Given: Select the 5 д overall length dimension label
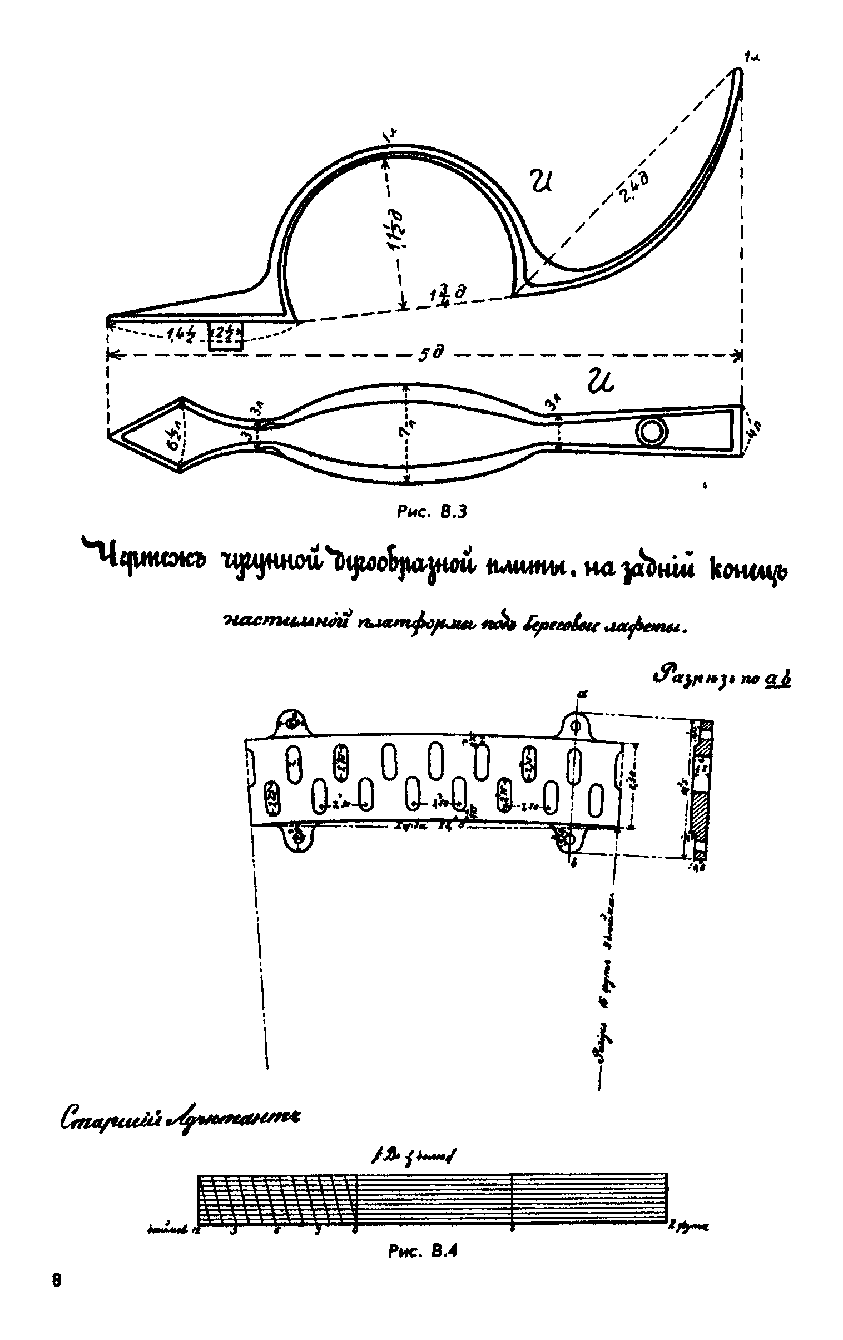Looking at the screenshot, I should point(430,354).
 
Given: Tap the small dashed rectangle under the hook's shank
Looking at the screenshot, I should point(225,336).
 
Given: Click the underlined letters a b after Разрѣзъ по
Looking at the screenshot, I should point(778,680).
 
